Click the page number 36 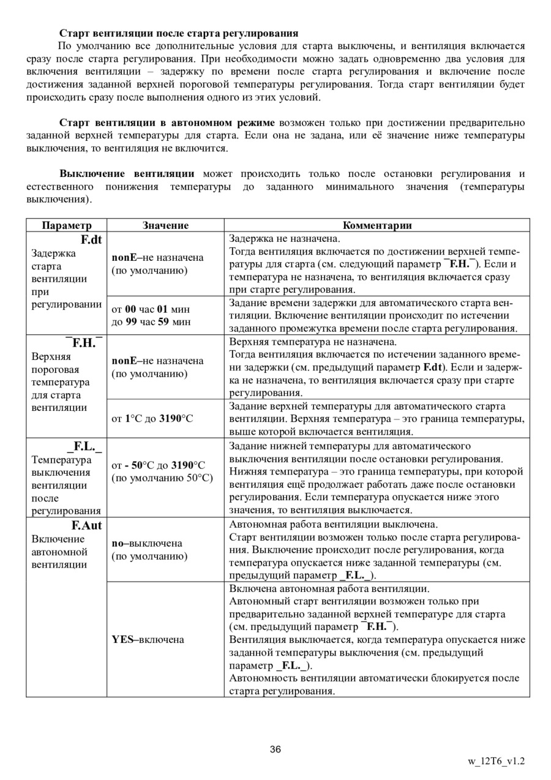coord(275,749)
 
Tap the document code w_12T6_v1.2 coord(497,762)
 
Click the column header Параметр coord(67,225)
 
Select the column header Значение coord(165,225)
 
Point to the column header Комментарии coord(377,225)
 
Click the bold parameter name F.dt coord(91,239)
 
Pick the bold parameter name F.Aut coord(87,525)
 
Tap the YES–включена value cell coord(148,639)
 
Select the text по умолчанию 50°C coord(162,478)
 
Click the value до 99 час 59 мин coord(151,321)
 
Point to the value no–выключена coord(147,543)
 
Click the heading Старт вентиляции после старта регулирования coord(179,32)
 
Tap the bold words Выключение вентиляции coord(127,174)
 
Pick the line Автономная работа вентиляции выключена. coord(333,525)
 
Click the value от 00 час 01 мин coord(151,309)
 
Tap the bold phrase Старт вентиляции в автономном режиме coord(167,122)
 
